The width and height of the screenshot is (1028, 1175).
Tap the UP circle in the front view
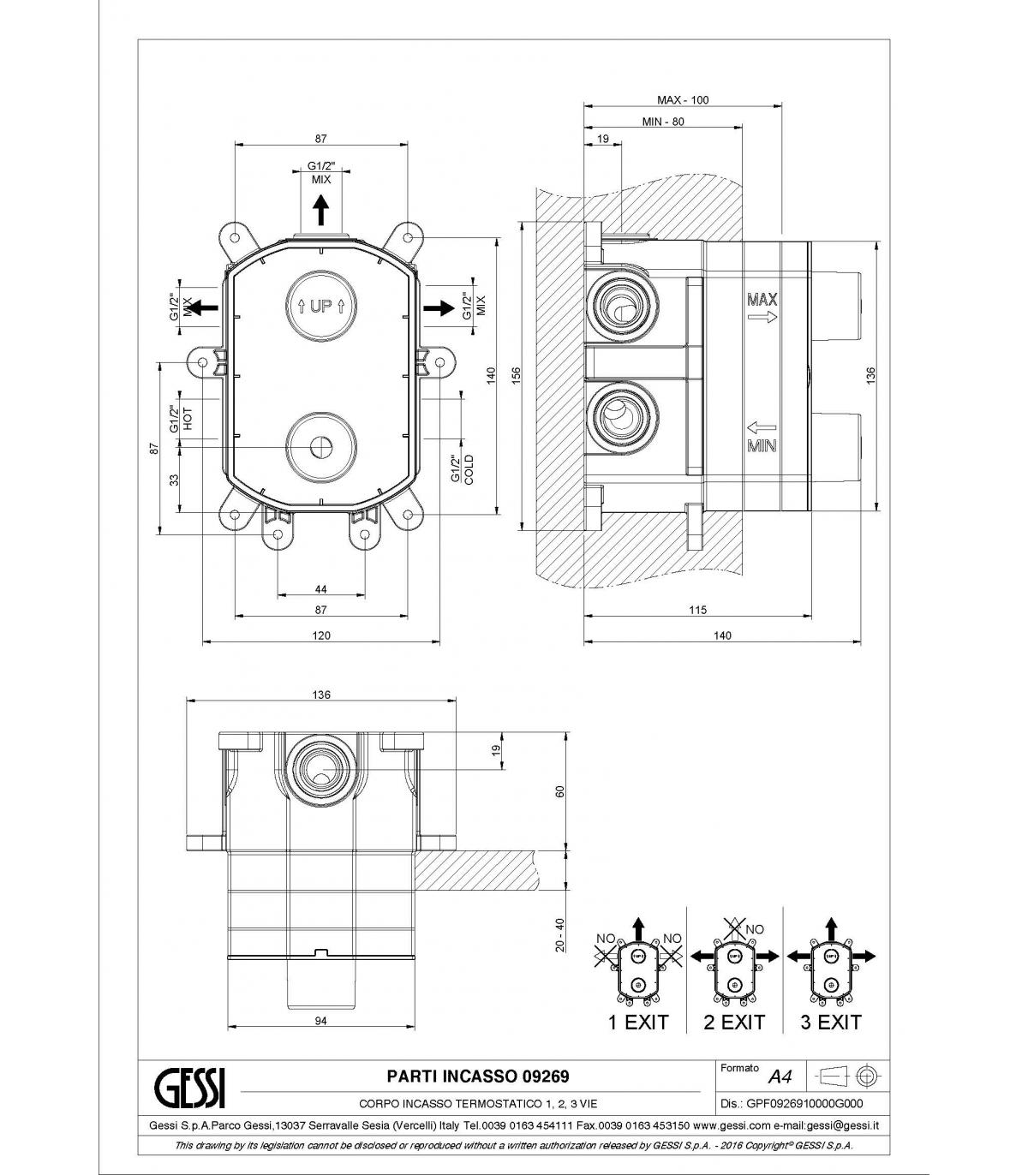coord(321,305)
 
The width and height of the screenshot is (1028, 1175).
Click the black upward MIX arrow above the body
coord(320,210)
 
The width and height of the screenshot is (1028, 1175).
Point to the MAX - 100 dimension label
coord(683,100)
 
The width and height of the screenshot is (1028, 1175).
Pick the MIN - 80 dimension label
coord(663,122)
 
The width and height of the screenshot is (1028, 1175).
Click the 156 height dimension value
coord(517,376)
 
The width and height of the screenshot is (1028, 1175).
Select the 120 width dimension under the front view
coord(321,635)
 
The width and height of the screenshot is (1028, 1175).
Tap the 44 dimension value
coord(321,589)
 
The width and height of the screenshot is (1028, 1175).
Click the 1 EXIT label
coord(638,1023)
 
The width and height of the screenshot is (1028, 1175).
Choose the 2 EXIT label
coord(734,1023)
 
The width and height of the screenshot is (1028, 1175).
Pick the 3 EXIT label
coord(831,1023)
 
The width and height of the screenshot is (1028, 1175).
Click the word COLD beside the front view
coord(469,470)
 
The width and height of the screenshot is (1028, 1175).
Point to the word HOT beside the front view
coord(188,419)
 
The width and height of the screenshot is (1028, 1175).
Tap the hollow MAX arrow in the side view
coord(762,317)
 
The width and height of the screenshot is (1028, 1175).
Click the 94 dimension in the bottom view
coord(321,1021)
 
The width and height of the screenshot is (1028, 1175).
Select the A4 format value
coord(780,1077)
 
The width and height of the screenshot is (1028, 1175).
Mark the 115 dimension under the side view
coord(698,610)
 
